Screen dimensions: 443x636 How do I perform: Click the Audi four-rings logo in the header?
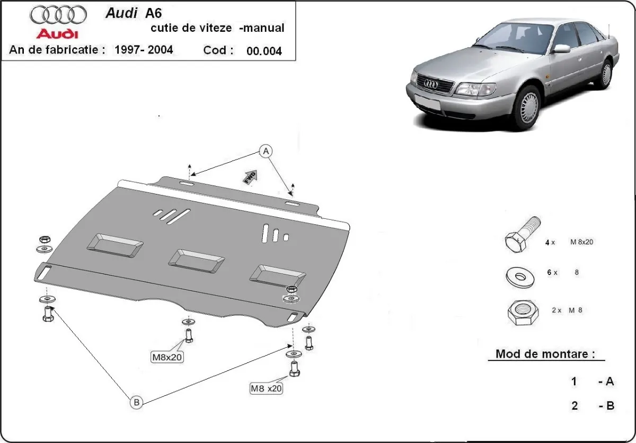[x=58, y=14]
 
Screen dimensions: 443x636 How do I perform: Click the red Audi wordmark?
[x=57, y=34]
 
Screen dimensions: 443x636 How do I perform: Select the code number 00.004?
[x=264, y=51]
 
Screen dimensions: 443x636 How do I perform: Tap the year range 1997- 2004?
[x=142, y=50]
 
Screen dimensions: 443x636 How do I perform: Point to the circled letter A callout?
[x=266, y=152]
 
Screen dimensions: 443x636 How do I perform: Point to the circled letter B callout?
[x=136, y=403]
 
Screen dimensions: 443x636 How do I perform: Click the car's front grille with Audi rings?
[x=435, y=84]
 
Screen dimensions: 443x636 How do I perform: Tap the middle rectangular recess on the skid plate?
[x=196, y=260]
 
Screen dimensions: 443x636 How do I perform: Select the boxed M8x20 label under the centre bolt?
[x=167, y=357]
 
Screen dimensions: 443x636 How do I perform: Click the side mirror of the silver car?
[x=561, y=49]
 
